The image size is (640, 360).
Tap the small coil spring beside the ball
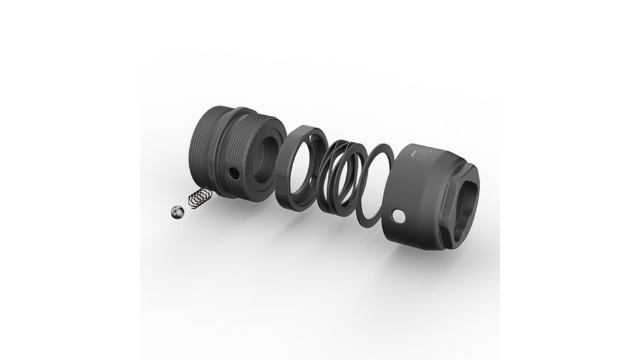click(x=200, y=198)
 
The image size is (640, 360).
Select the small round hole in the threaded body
click(x=234, y=173)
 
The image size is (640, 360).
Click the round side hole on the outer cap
click(x=397, y=216)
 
